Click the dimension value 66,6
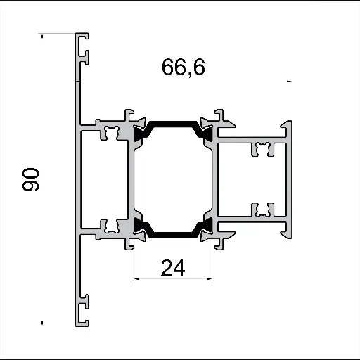click(184, 67)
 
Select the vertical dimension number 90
click(32, 179)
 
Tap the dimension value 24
click(173, 268)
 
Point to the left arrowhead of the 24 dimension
click(136, 279)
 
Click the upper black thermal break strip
click(173, 125)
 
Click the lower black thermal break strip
click(173, 233)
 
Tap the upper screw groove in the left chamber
click(110, 131)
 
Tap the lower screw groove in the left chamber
click(110, 226)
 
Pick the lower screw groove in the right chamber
click(263, 210)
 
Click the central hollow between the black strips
click(173, 179)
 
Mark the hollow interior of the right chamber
click(253, 179)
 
